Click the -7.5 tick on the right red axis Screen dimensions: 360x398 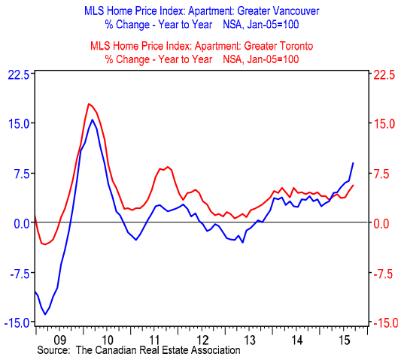click(x=381, y=273)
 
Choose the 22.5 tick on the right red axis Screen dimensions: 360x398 click(x=381, y=74)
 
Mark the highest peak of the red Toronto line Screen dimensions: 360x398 click(x=89, y=104)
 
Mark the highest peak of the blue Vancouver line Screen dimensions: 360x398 click(x=93, y=119)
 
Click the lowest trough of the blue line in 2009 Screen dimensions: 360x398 click(x=46, y=314)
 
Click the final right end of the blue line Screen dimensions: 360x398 click(x=354, y=163)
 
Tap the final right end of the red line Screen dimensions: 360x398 click(x=354, y=185)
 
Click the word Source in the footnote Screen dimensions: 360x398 click(x=53, y=351)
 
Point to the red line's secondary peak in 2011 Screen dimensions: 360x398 click(x=167, y=166)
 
